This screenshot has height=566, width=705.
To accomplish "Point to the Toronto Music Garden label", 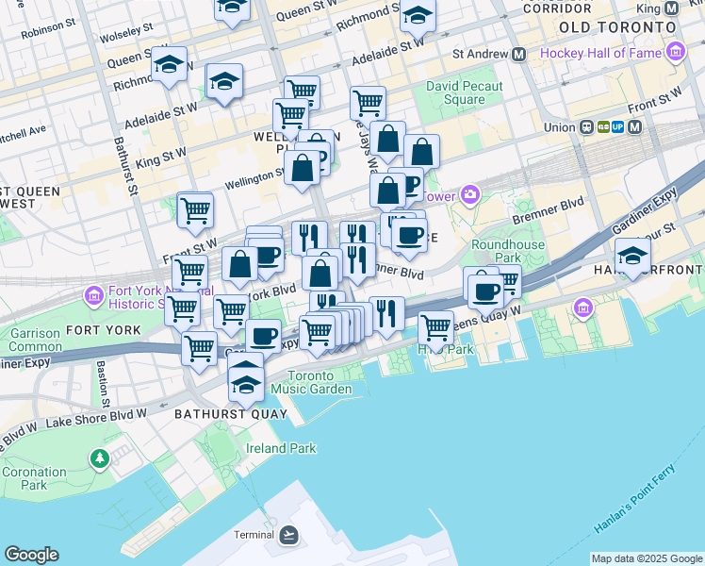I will [x=311, y=382].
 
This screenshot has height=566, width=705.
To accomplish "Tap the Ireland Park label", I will [x=281, y=448].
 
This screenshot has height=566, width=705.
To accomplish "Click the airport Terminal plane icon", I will [x=289, y=535].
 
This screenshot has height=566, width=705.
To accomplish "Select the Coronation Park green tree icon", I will [x=100, y=458].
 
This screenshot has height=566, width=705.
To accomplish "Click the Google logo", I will [x=31, y=555].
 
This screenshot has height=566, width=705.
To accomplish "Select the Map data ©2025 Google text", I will [x=647, y=558].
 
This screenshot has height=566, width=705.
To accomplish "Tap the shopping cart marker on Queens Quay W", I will [x=435, y=327].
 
